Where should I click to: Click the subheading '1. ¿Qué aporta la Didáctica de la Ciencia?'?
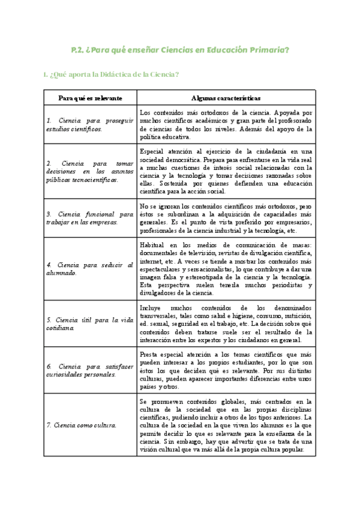(111, 74)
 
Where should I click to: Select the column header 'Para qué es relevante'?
(90, 97)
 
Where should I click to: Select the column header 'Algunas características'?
(226, 97)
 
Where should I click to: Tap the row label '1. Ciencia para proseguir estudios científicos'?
(90, 124)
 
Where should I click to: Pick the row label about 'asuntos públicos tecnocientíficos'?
(90, 171)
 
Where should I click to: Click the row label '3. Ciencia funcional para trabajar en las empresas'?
(90, 218)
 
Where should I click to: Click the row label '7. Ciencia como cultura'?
(82, 425)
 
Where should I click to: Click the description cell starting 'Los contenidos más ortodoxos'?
(226, 124)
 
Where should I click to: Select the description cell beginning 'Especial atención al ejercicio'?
(226, 171)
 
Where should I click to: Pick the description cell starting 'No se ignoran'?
(226, 218)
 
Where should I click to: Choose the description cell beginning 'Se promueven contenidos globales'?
(226, 425)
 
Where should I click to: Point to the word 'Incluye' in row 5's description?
(150, 305)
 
